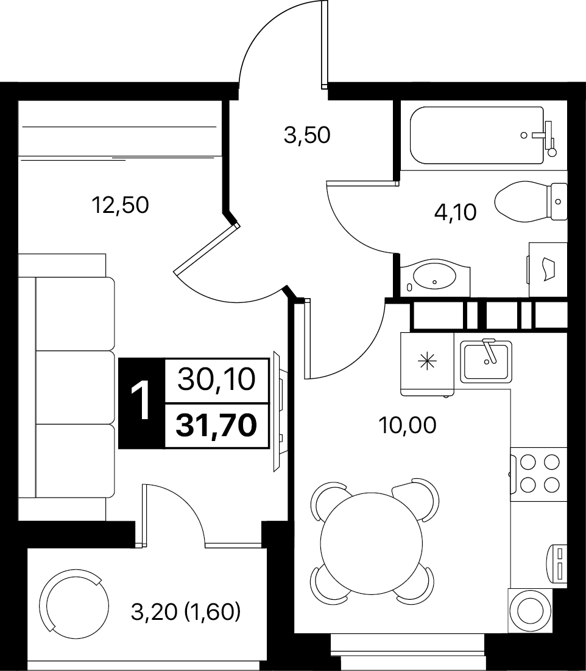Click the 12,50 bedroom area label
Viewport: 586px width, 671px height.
click(121, 205)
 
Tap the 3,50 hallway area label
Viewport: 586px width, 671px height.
click(307, 135)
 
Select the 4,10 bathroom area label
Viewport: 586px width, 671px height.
click(456, 212)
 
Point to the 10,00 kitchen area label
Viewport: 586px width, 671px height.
click(408, 425)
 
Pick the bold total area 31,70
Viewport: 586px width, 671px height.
click(216, 426)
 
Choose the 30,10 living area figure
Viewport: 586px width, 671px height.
click(216, 379)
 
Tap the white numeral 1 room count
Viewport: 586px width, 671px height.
click(141, 402)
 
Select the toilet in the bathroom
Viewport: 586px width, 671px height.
click(531, 201)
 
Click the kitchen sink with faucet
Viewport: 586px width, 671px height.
click(486, 361)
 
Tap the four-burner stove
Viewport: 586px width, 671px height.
click(539, 473)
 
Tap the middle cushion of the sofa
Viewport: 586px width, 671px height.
click(75, 387)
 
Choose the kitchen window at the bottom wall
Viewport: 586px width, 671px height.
click(408, 647)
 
